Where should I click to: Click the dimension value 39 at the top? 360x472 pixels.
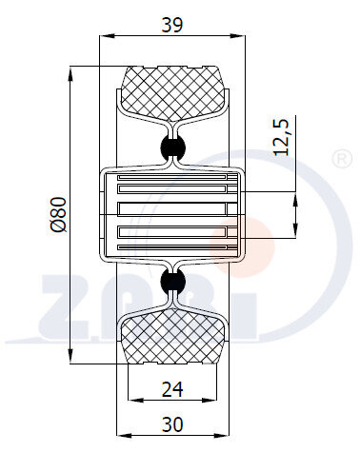point(172,25)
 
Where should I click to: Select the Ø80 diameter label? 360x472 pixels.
point(59,215)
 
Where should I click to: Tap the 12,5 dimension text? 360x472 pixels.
point(281,137)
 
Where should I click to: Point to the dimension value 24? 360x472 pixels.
point(172,389)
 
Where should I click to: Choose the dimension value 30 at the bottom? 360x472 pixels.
point(172,424)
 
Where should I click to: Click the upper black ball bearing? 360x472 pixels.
point(173,147)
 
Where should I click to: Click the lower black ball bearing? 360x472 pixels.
point(173,281)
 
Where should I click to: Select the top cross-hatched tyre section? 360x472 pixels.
point(173,93)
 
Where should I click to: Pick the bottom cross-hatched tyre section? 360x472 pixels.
point(173,336)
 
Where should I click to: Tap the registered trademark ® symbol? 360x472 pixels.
point(342,159)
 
